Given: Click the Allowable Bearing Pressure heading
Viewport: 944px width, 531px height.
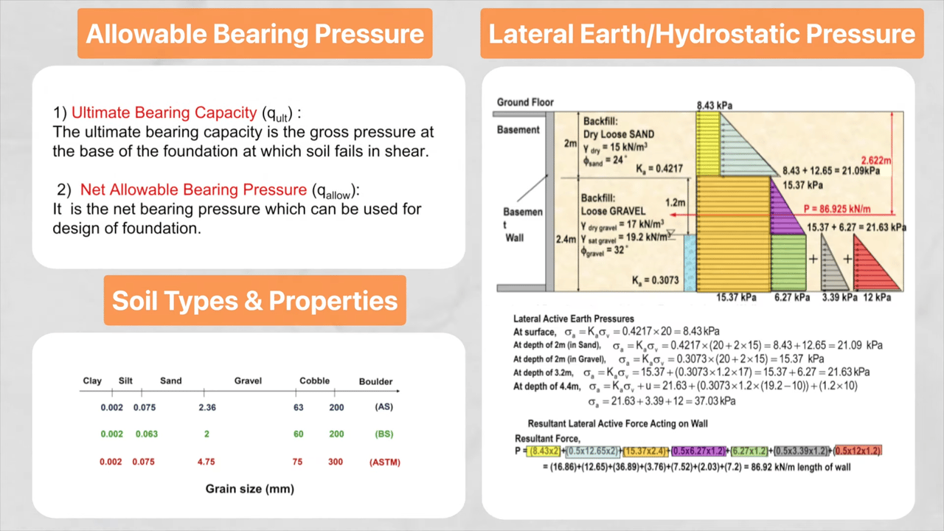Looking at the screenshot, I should click(254, 34).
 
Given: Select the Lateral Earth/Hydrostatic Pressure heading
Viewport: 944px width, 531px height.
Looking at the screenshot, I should click(701, 34).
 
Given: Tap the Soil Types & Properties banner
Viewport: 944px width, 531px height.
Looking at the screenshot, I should click(254, 300).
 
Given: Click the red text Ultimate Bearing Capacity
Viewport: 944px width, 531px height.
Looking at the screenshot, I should click(164, 113).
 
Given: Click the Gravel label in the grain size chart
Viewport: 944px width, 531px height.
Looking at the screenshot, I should click(248, 381).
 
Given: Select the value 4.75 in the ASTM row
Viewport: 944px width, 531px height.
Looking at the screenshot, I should click(206, 462).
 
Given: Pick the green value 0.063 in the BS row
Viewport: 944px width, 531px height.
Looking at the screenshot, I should click(146, 434).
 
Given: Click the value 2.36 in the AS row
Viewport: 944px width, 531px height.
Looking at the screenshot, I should click(207, 407).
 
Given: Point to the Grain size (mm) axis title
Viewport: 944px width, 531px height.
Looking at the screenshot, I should click(249, 489).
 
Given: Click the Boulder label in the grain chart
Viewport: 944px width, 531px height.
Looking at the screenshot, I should click(375, 381).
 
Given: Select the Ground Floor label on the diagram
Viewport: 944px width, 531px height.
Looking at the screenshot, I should click(525, 103).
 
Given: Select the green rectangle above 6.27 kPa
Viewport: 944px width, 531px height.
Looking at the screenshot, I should click(788, 262).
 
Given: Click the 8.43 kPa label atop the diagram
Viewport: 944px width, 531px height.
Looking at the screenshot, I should click(715, 105).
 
